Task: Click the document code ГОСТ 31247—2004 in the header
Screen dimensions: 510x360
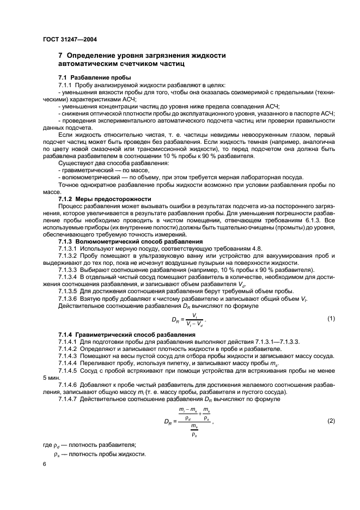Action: (x=70, y=40)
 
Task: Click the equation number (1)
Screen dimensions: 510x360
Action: (x=331, y=318)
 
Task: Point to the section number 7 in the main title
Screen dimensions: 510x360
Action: (x=60, y=56)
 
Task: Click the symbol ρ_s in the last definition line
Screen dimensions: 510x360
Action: (x=56, y=454)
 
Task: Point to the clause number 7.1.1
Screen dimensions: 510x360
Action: (x=66, y=86)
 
